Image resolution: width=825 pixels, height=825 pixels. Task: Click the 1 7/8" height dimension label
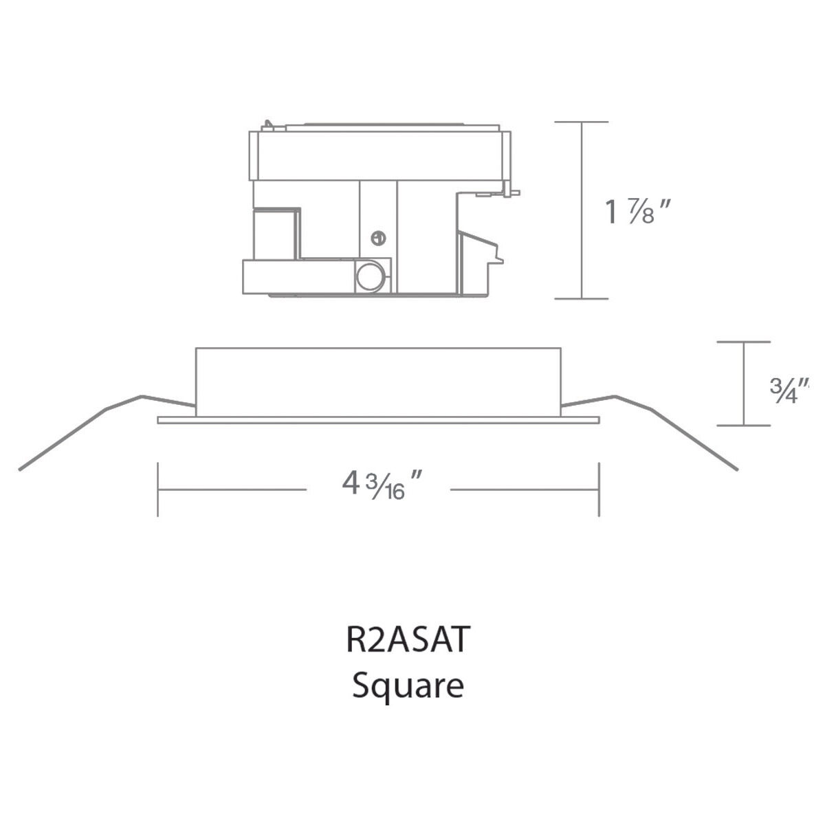tap(636, 211)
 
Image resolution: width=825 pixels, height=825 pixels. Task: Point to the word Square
tap(408, 685)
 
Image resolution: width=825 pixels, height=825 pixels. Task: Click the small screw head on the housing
tap(377, 238)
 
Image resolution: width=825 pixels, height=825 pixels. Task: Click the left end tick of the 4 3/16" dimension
tap(158, 489)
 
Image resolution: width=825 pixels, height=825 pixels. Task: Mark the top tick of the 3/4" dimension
tap(743, 341)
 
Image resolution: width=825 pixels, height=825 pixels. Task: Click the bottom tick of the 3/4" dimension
tap(743, 425)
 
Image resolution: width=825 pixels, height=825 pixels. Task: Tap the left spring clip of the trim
tap(103, 419)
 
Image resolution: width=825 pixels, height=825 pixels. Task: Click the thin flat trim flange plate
tap(378, 420)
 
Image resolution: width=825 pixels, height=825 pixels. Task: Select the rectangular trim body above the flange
tap(378, 382)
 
